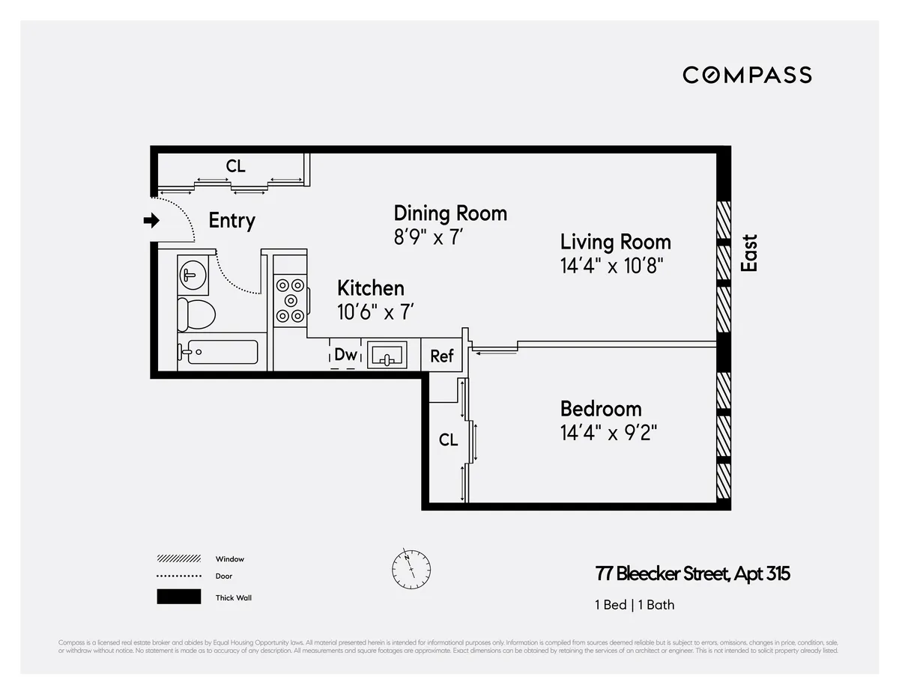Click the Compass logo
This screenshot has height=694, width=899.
(747, 75)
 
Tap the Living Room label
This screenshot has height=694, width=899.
(615, 242)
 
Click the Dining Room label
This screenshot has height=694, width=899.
(450, 213)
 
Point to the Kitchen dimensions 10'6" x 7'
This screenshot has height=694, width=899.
(376, 311)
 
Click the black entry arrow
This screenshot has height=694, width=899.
(152, 220)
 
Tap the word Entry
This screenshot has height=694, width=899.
(231, 221)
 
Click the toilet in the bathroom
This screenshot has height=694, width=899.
(196, 314)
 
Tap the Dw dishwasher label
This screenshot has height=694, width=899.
(345, 355)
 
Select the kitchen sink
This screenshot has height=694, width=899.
(387, 355)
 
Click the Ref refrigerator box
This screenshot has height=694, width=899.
(441, 356)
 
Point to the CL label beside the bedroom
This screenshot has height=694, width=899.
(448, 440)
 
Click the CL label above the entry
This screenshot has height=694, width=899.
(235, 166)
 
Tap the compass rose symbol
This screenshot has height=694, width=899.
(411, 569)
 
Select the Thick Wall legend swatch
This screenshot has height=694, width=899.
(178, 597)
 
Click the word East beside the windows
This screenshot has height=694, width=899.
(748, 253)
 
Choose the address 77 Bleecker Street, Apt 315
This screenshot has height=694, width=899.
(692, 574)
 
